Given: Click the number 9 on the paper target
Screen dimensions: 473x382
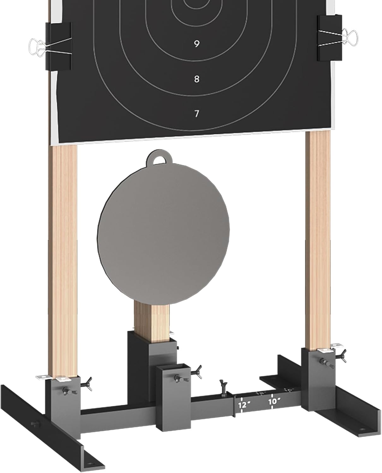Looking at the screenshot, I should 196,44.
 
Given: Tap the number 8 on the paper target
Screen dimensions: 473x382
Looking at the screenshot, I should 196,79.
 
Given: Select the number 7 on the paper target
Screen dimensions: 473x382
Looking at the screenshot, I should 196,114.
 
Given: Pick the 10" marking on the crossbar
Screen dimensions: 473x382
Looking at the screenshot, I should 274,401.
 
